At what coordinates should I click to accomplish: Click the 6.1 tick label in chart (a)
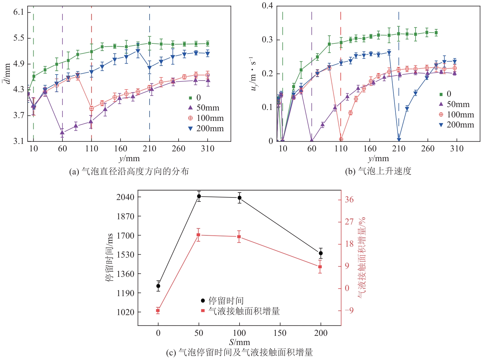tap(18, 12)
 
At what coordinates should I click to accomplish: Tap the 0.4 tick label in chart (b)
tap(267, 6)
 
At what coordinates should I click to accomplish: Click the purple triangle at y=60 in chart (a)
tap(62, 132)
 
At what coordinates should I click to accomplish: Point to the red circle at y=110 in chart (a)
tap(91, 108)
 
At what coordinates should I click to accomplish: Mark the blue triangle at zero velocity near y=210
tap(399, 140)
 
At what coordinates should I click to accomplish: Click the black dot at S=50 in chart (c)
tap(199, 196)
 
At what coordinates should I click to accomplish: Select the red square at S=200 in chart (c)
tap(320, 267)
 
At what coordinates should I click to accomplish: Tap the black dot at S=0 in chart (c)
tap(158, 286)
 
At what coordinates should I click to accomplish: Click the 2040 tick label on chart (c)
tap(125, 197)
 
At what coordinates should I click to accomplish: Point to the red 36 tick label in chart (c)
tap(349, 200)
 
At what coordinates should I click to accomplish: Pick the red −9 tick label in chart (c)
tap(349, 310)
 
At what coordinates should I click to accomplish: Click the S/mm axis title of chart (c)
tap(239, 342)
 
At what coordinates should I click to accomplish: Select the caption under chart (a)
tap(129, 172)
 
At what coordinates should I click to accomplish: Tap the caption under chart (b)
tap(378, 172)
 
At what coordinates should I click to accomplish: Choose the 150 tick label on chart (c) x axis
tap(280, 333)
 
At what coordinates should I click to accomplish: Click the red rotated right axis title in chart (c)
tap(361, 258)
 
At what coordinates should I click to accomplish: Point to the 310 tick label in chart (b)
tap(457, 149)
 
